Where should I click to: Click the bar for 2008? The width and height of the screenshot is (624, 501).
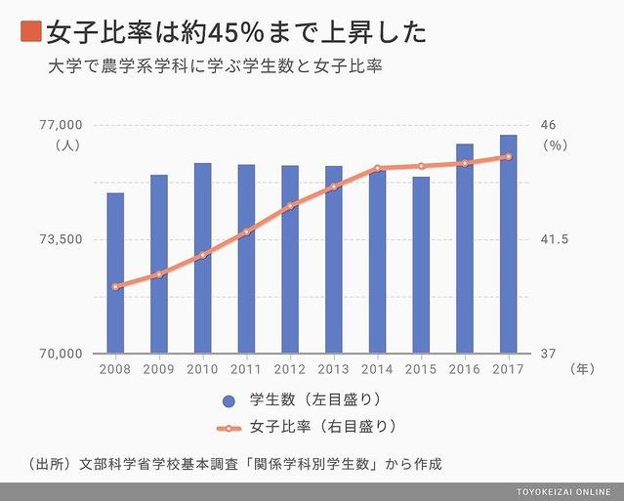(115, 272)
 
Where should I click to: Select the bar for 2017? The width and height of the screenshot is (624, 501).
(509, 243)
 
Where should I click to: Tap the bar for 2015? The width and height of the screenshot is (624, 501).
(421, 265)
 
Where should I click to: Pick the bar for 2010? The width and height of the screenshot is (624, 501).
(202, 258)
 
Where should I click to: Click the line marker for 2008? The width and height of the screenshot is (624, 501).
(115, 286)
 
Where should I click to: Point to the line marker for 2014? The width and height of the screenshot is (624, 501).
(377, 168)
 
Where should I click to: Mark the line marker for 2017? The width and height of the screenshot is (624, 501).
(509, 156)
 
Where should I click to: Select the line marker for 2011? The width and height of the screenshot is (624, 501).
(246, 231)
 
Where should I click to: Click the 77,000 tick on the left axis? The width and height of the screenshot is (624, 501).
(62, 125)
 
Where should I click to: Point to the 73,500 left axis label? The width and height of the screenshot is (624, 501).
(62, 239)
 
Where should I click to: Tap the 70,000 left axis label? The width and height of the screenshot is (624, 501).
(62, 354)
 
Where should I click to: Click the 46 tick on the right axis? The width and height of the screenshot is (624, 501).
(548, 125)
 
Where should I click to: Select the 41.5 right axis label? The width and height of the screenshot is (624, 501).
(554, 239)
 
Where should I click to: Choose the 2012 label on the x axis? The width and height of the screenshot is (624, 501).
(289, 369)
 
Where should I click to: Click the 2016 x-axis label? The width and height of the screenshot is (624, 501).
(465, 369)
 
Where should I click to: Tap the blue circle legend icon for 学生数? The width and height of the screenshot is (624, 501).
(229, 400)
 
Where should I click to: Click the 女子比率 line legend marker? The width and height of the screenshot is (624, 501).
(229, 428)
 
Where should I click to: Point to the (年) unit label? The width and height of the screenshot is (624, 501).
(581, 369)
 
